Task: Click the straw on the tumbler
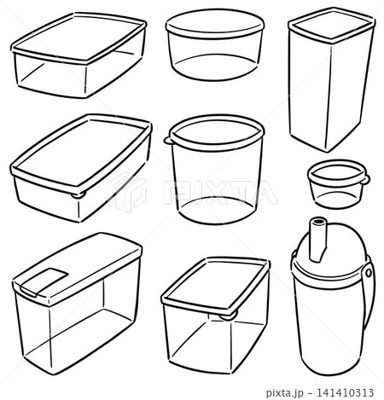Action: click(x=317, y=240)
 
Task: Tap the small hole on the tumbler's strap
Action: click(x=369, y=273)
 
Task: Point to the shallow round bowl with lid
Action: click(x=215, y=45)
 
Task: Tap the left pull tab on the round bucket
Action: click(x=167, y=140)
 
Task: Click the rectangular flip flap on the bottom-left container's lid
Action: click(x=44, y=282)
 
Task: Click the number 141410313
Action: click(x=345, y=393)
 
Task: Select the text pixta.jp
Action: click(x=285, y=393)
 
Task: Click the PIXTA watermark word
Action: click(x=220, y=192)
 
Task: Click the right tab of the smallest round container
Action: click(x=366, y=179)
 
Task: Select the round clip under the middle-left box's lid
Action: click(x=79, y=195)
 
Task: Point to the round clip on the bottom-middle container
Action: click(x=229, y=315)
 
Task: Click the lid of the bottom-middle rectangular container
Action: click(x=216, y=284)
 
